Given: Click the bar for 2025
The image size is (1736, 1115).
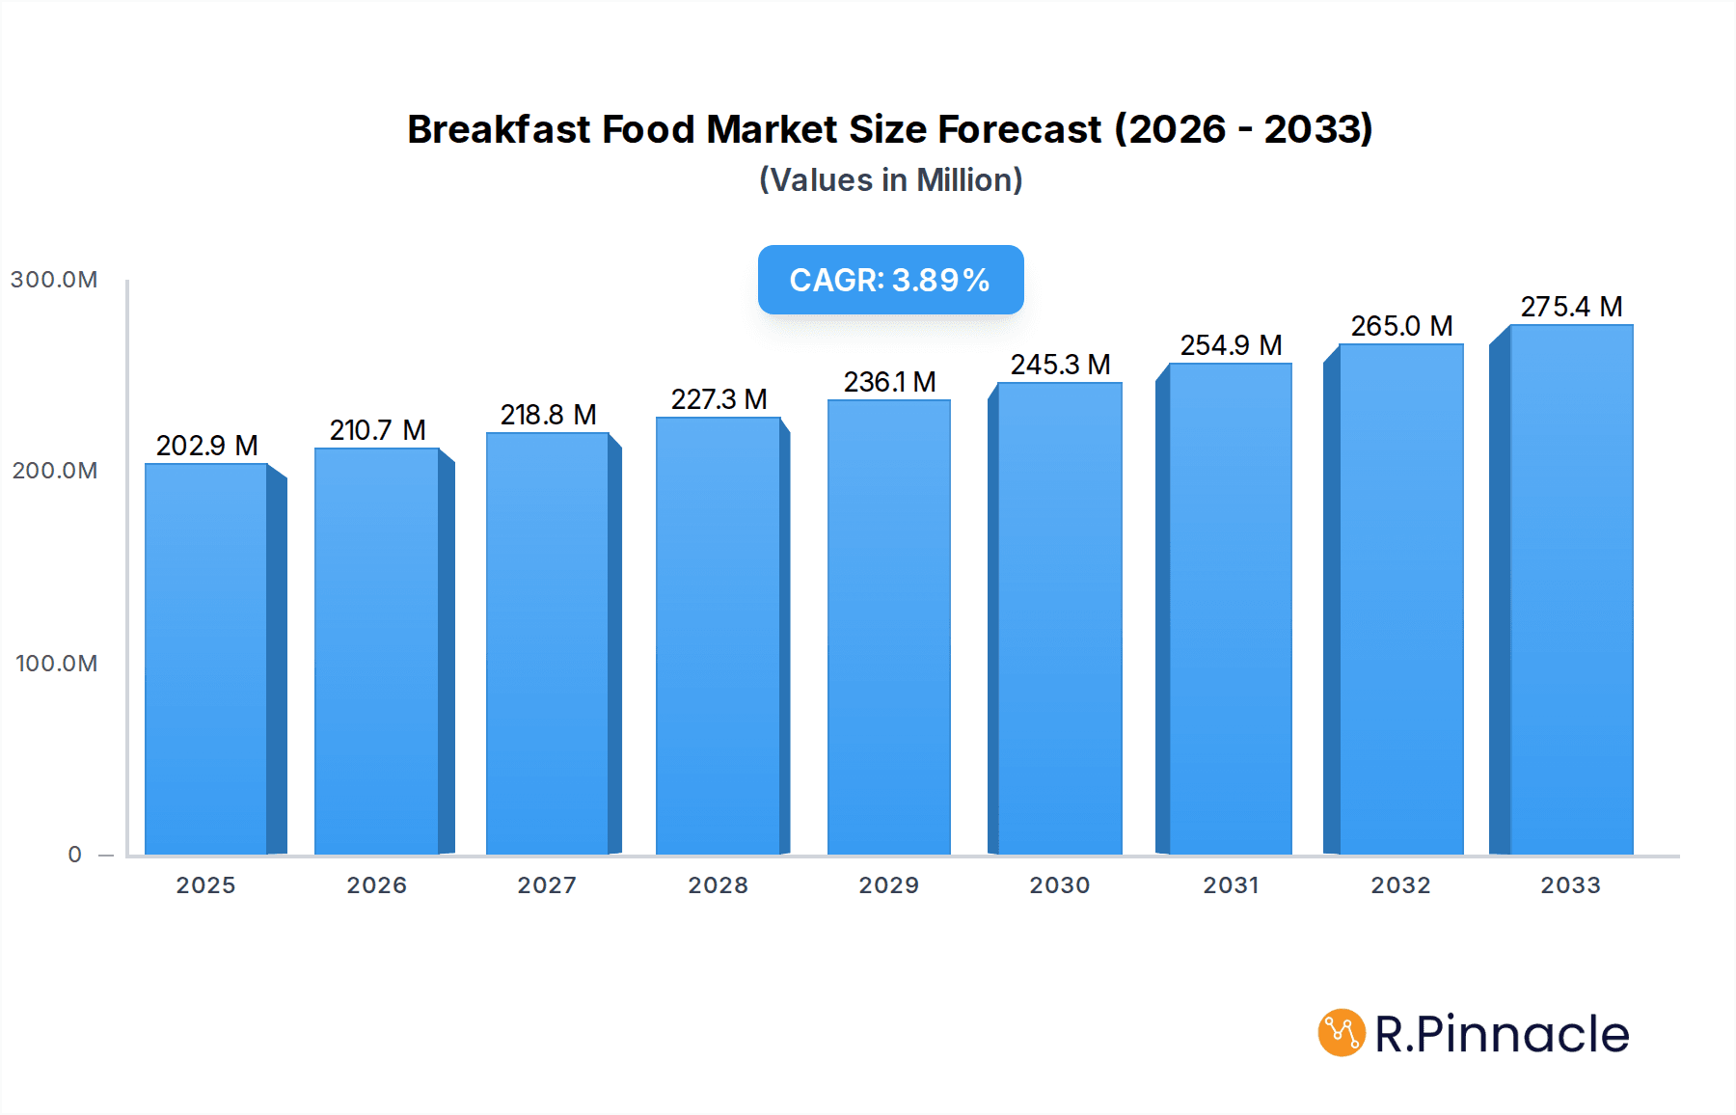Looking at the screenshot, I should [x=206, y=659].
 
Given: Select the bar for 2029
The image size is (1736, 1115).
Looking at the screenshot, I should [x=888, y=627].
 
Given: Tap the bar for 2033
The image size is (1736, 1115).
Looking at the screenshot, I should [x=1571, y=589].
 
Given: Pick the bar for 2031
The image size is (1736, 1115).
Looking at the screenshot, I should [x=1230, y=609].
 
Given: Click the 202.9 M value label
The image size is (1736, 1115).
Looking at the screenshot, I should [x=206, y=446].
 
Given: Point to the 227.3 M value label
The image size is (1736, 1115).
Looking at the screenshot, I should [x=719, y=399].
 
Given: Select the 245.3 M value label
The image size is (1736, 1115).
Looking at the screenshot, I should [x=1060, y=365].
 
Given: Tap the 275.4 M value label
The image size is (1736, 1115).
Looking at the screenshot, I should [x=1571, y=307].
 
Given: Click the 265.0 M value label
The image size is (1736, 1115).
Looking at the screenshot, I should [x=1401, y=326].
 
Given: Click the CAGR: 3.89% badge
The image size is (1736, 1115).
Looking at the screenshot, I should [x=890, y=280].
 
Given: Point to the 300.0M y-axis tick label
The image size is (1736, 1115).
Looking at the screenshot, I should [x=54, y=280].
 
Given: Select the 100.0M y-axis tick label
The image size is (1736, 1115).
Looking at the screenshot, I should [x=56, y=664].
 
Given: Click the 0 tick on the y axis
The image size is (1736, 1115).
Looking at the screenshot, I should [x=74, y=855].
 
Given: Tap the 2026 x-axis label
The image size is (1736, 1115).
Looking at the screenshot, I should [x=376, y=885].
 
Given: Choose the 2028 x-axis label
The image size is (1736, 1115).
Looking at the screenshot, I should [x=718, y=885].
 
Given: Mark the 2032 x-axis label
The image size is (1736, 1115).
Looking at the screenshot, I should [x=1400, y=885].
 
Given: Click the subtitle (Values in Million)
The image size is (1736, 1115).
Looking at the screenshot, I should [x=890, y=180].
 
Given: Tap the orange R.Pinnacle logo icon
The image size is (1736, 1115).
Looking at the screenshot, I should [x=1341, y=1033].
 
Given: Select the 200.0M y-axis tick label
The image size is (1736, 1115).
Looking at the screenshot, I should [x=54, y=471].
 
